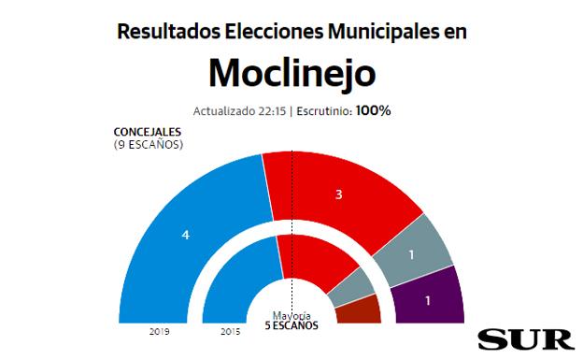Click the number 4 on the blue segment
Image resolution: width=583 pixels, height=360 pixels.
(x=186, y=235)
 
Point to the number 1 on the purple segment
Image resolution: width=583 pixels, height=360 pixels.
(x=429, y=301)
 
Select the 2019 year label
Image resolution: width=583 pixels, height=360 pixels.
(x=158, y=331)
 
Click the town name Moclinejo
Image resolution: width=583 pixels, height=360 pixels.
(x=291, y=72)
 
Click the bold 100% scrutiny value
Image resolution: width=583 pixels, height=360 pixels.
(x=373, y=110)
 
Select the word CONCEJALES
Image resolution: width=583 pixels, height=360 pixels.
(x=148, y=133)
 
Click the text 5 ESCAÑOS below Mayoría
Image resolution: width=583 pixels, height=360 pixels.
(x=291, y=325)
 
